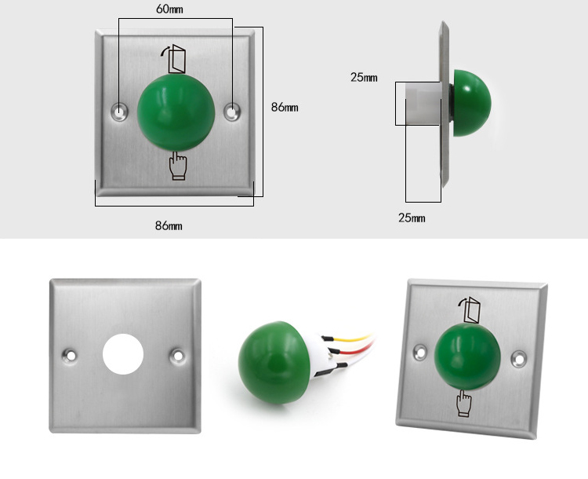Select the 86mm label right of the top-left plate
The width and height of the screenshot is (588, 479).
click(x=285, y=108)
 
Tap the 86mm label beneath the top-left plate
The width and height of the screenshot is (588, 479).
click(x=169, y=225)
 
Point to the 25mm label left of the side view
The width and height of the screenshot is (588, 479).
click(x=364, y=77)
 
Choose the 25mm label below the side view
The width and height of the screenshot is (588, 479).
click(x=412, y=218)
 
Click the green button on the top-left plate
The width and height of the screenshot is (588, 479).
click(x=176, y=112)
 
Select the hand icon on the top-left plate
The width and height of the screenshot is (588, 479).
click(x=178, y=166)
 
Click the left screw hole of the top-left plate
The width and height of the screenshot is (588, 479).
click(x=119, y=112)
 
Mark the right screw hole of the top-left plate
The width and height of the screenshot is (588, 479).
click(x=232, y=112)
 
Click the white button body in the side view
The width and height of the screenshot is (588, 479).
click(x=423, y=103)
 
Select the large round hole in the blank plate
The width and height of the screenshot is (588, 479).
click(x=123, y=353)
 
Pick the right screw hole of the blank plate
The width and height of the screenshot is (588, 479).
click(x=178, y=355)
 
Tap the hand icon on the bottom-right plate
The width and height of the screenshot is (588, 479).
click(x=463, y=402)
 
